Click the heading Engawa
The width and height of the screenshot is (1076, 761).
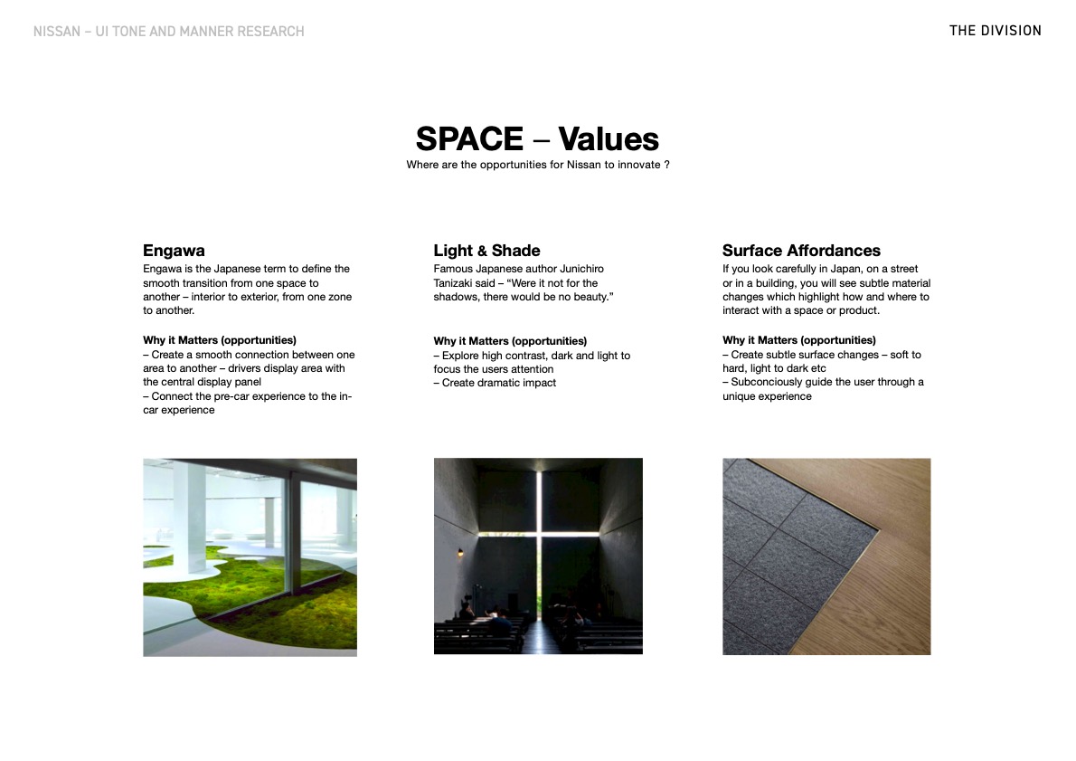tap(174, 251)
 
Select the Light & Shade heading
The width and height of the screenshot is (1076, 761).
tap(486, 251)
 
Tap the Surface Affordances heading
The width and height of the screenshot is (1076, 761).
tap(801, 251)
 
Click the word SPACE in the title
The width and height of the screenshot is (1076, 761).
tap(469, 139)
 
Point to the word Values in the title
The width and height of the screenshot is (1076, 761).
tap(608, 139)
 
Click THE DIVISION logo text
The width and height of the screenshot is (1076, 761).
tap(995, 31)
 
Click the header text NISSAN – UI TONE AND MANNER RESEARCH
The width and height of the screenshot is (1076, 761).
tap(168, 32)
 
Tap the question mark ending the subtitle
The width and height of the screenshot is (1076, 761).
tap(666, 165)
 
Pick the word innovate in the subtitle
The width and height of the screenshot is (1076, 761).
tap(637, 165)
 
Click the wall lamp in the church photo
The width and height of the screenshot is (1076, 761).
tap(461, 552)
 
